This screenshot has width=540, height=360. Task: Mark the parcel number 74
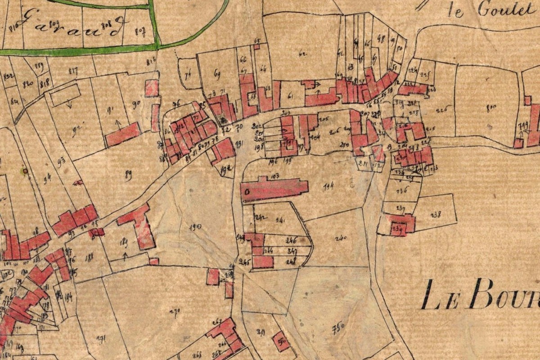188,75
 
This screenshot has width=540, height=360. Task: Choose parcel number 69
218,74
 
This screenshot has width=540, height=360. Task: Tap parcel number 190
194,227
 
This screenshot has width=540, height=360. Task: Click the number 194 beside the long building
328,186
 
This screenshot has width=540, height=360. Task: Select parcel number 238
435,215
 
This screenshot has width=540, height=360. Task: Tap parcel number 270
175,310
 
